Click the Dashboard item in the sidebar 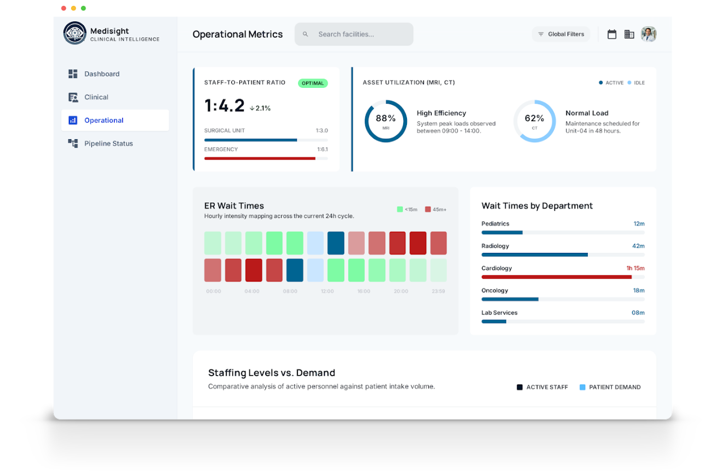click(101, 74)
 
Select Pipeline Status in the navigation click(108, 144)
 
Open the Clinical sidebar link click(96, 97)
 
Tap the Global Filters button click(561, 34)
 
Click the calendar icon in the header click(612, 34)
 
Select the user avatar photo click(649, 34)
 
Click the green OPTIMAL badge click(313, 83)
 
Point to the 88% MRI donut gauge click(386, 121)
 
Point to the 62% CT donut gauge click(534, 121)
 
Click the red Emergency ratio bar click(260, 158)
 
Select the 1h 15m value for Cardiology click(635, 268)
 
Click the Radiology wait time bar click(534, 255)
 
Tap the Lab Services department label click(499, 313)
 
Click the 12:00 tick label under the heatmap click(327, 291)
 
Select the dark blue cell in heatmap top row click(336, 243)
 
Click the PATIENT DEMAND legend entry click(610, 387)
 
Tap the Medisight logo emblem click(75, 33)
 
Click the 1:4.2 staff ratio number click(224, 106)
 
